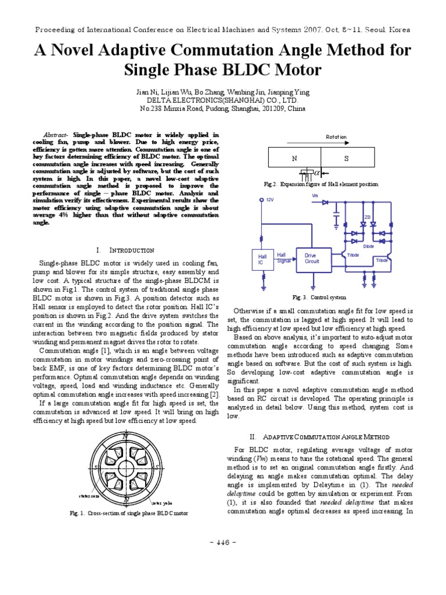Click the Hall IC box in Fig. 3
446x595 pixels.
(260, 259)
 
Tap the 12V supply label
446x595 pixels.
(269, 199)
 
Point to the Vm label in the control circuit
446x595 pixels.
(315, 195)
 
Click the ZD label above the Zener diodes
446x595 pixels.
(367, 217)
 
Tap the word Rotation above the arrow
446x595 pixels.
(336, 137)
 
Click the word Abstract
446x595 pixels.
(56, 134)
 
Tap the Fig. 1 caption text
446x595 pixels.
(129, 514)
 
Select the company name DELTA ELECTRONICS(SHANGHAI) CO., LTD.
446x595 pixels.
(222, 100)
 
